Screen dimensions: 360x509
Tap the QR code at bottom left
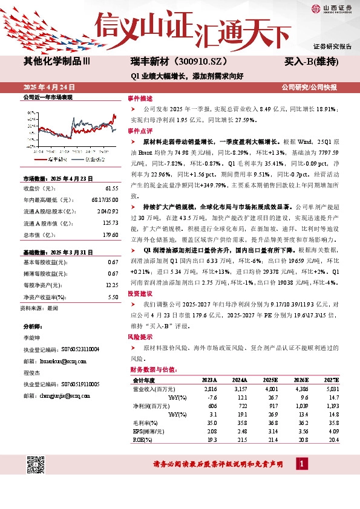tap(36, 465)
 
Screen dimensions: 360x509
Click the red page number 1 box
tap(301, 464)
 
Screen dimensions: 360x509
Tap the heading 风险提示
tap(140, 336)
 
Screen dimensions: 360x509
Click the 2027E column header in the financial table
tap(332, 380)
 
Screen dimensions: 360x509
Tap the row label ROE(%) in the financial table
tap(142, 439)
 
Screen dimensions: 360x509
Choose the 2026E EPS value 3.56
tap(301, 431)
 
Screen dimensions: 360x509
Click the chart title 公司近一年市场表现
tap(48, 97)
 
